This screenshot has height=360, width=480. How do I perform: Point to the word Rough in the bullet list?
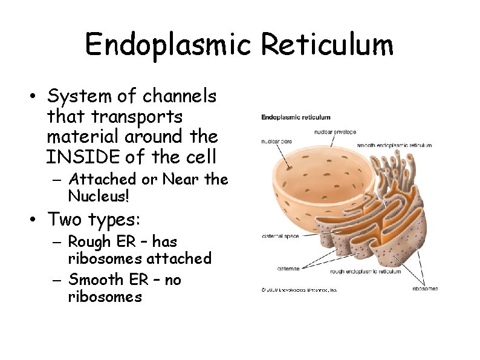(89, 242)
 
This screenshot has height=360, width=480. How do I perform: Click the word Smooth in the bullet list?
(94, 280)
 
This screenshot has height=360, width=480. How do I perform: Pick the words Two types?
(95, 218)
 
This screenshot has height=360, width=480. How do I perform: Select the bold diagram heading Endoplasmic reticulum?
(296, 117)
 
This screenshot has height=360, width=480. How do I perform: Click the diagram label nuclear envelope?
(335, 132)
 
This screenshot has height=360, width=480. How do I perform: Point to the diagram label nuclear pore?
(276, 142)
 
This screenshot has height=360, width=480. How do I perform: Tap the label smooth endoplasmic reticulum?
(394, 145)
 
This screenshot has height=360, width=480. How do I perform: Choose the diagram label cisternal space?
(281, 236)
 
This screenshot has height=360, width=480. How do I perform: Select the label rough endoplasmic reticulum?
(365, 272)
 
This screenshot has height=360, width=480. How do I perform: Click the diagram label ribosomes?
(425, 289)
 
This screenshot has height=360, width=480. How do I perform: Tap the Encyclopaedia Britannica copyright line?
(299, 290)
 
